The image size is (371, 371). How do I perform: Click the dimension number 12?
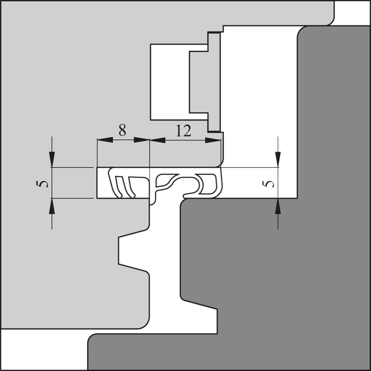point(183,131)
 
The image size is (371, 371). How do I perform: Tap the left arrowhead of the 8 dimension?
point(105,140)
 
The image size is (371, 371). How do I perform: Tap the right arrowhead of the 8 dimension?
point(142,140)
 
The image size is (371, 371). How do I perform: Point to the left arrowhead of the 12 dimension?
point(157,140)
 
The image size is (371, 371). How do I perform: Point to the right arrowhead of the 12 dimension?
point(213,140)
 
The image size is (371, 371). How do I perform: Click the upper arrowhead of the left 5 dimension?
point(52,159)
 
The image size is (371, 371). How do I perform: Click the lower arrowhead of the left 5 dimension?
point(52,206)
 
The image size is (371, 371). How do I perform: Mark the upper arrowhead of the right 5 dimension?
point(278,159)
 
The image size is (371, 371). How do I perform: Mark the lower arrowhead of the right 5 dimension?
point(278,206)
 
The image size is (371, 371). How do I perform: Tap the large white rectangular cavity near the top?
point(170,82)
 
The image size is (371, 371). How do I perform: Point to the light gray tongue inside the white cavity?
point(205,82)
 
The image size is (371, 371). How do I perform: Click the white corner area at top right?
point(352,13)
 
